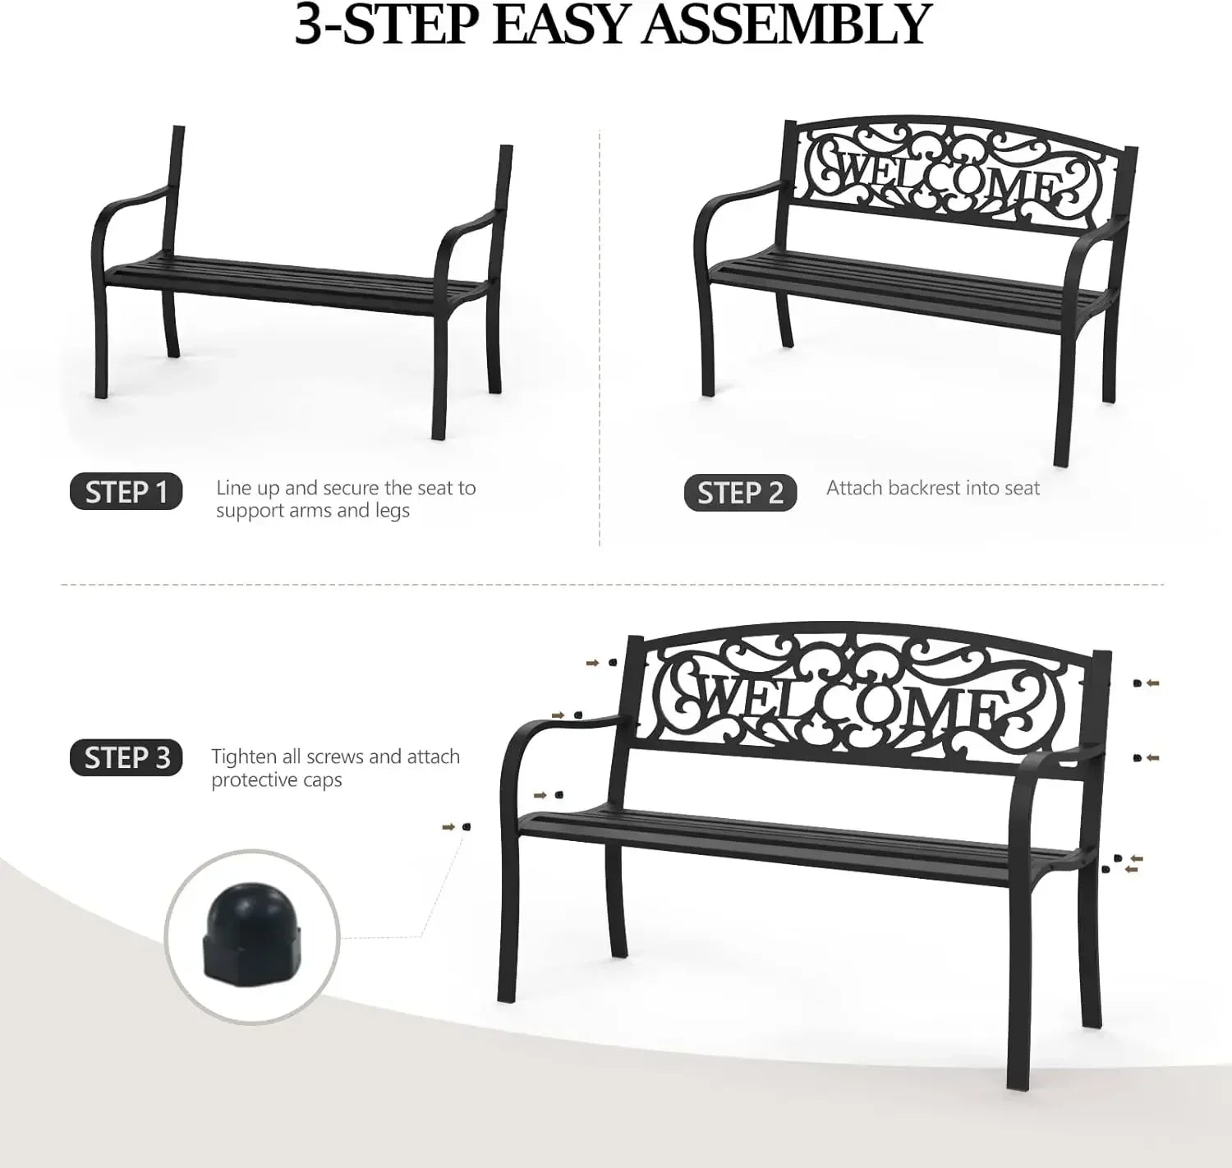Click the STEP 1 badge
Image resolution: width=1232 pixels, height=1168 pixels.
click(126, 491)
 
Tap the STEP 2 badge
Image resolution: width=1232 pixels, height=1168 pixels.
click(740, 493)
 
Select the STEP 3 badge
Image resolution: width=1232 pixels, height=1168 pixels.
click(126, 758)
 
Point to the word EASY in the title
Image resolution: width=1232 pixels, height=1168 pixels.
click(559, 25)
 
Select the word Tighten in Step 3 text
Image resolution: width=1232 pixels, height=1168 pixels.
click(245, 757)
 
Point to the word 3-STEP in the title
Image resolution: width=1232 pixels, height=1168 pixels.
click(386, 25)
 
